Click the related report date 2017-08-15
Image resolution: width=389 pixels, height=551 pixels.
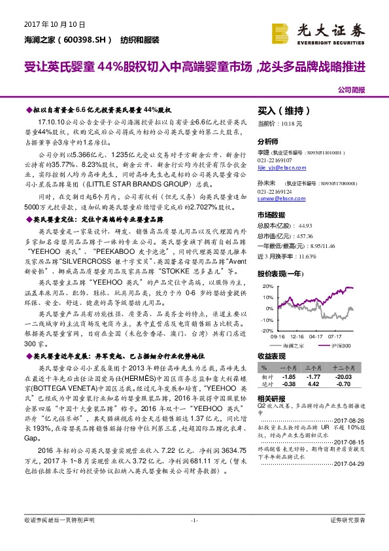click(348, 441)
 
